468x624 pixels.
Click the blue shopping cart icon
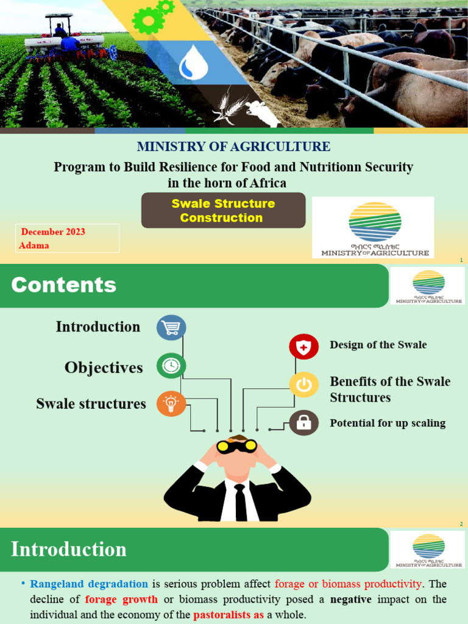171,328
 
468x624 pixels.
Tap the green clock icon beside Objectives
171,366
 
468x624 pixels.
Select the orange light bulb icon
171,403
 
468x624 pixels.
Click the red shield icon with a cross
303,347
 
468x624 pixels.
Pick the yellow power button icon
303,385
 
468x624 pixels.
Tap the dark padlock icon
303,422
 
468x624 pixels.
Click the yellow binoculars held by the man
237,446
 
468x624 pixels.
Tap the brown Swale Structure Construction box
223,210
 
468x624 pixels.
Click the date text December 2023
53,232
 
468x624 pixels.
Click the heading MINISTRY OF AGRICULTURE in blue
233,147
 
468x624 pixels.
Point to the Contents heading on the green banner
63,285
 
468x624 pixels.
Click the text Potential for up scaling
388,423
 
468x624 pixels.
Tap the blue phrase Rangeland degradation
89,584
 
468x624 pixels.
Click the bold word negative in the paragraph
350,600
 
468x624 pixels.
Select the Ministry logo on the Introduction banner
428,550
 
